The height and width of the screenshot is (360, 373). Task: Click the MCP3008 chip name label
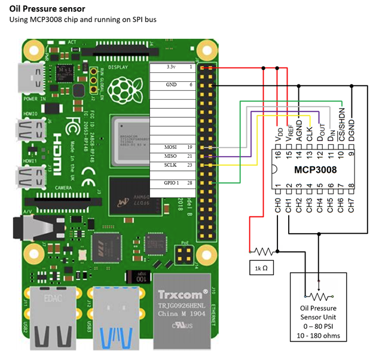click(314, 170)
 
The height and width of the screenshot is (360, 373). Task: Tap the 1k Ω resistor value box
click(261, 269)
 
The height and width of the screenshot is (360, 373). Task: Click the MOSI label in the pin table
click(170, 147)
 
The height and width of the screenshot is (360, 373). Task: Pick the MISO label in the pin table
click(170, 155)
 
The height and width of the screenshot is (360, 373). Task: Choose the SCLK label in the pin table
click(170, 164)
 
